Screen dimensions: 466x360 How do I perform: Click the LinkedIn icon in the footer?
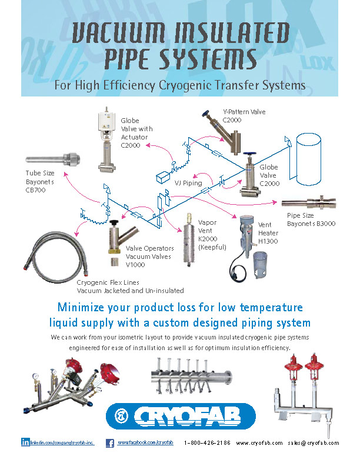(25, 442)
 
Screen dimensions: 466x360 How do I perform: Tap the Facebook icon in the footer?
(109, 442)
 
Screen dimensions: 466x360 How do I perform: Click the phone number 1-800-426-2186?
(207, 442)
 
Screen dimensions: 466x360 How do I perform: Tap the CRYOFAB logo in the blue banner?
(181, 417)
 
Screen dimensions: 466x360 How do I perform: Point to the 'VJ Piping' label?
(188, 183)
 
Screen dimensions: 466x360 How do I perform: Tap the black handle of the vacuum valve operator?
(113, 224)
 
